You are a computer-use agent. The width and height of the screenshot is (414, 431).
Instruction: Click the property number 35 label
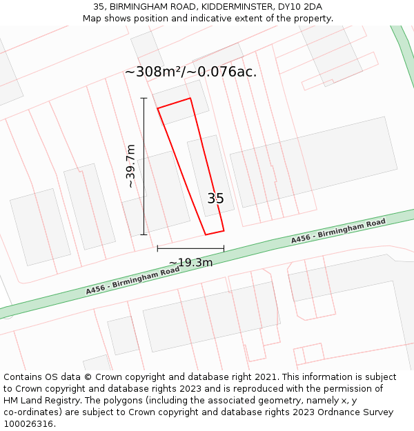pyautogui.click(x=215, y=199)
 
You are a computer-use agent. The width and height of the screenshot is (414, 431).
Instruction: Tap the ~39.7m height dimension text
pyautogui.click(x=130, y=166)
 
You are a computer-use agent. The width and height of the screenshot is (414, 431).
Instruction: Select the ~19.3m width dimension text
pyautogui.click(x=190, y=262)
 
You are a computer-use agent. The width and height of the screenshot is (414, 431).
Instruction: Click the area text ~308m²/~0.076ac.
pyautogui.click(x=191, y=72)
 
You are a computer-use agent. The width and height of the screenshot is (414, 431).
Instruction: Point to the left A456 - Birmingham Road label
pyautogui.click(x=132, y=281)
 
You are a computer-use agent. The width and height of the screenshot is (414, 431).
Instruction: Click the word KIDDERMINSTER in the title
pyautogui.click(x=235, y=7)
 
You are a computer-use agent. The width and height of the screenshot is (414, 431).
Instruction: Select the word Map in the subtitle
pyautogui.click(x=93, y=19)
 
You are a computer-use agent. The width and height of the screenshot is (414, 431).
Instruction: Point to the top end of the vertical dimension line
pyautogui.click(x=144, y=98)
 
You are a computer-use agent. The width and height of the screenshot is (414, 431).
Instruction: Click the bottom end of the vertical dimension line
pyautogui.click(x=144, y=234)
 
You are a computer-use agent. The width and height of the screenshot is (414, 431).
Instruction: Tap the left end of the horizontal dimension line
pyautogui.click(x=157, y=248)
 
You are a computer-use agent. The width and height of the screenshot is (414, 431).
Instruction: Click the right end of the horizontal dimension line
pyautogui.click(x=224, y=248)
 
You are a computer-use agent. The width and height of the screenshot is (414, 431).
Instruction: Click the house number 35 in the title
pyautogui.click(x=99, y=7)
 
